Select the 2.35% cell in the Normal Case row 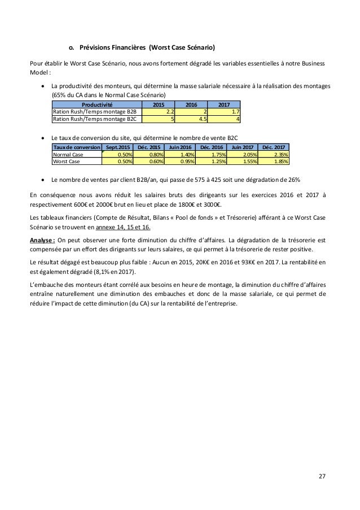[279, 154]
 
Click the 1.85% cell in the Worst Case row [279, 160]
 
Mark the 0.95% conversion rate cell [182, 160]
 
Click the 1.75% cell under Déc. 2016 [214, 154]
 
